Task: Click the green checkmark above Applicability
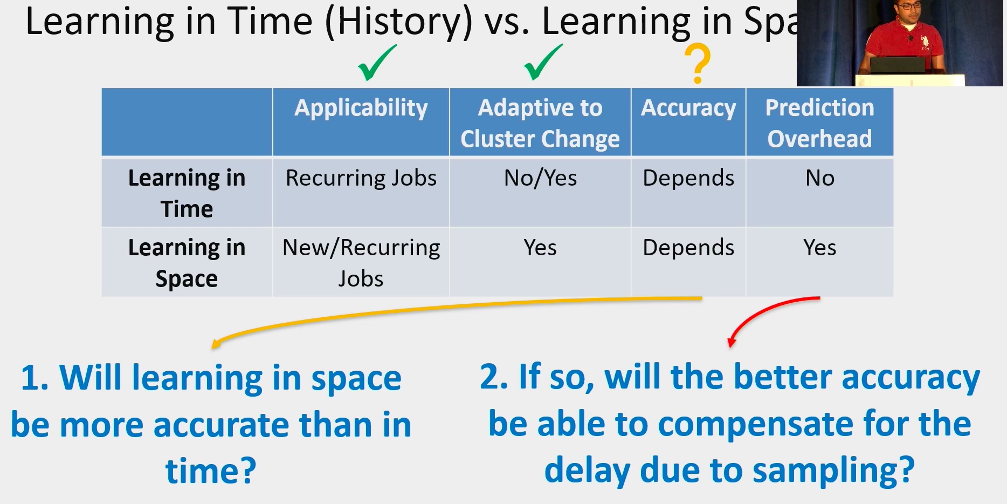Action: point(376,63)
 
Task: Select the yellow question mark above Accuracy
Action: point(698,64)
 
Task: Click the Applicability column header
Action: point(361,108)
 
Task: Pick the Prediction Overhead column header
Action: point(819,123)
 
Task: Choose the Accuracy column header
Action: point(688,108)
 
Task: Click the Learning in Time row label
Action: point(187,193)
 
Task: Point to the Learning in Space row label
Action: point(187,263)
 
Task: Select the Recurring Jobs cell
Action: point(361,178)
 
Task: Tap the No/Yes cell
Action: point(540,178)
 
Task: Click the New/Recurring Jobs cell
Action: point(361,263)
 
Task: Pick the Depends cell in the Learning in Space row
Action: point(688,248)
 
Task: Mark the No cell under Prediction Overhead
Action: point(820,178)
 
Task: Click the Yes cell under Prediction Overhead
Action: point(820,248)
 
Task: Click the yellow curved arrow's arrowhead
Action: point(216,344)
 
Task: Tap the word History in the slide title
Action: point(399,22)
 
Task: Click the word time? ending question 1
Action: point(211,471)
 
